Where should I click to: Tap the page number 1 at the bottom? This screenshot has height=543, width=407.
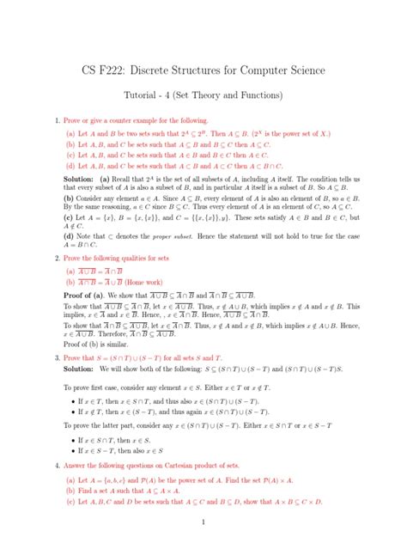[x=203, y=521]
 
